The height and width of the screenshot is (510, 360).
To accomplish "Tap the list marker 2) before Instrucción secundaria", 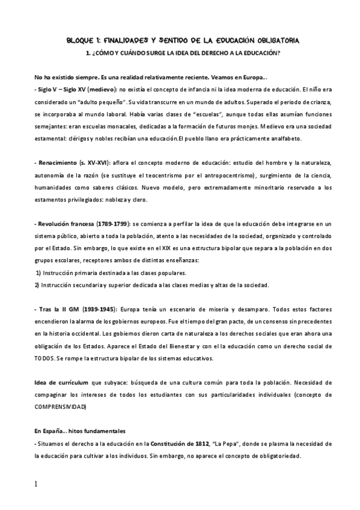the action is pyautogui.click(x=37, y=284).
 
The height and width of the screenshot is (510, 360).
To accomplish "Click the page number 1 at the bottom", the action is pyautogui.click(x=36, y=484).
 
